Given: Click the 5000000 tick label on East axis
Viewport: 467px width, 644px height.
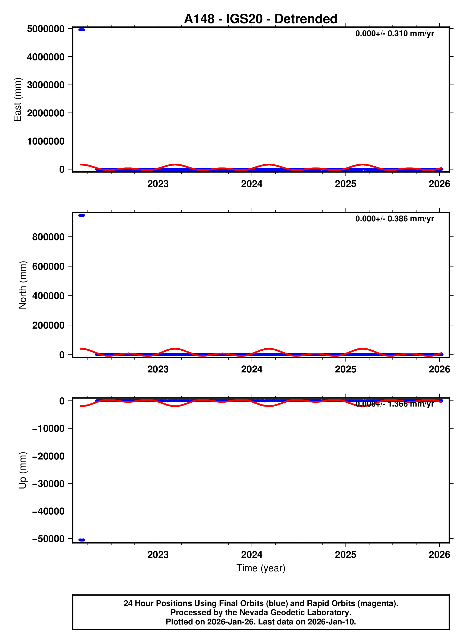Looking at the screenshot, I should click(46, 29).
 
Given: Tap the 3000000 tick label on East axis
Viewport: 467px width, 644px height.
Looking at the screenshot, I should click(46, 85).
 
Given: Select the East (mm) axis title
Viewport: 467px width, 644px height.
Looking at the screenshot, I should click(17, 99).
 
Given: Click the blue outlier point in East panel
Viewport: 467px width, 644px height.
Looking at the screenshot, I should click(82, 30).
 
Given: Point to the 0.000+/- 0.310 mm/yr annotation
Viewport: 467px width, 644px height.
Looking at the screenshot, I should click(394, 33).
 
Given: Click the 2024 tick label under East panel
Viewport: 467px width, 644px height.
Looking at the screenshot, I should click(252, 184).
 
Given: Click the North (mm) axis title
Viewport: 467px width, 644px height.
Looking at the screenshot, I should click(23, 285).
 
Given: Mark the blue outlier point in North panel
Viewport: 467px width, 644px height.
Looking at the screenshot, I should click(82, 215).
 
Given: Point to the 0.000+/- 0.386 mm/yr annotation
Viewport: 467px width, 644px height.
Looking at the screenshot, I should click(394, 219).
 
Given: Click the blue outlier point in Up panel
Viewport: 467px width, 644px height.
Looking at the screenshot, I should click(82, 540).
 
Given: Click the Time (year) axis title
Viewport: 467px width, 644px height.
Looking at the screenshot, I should click(261, 568).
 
